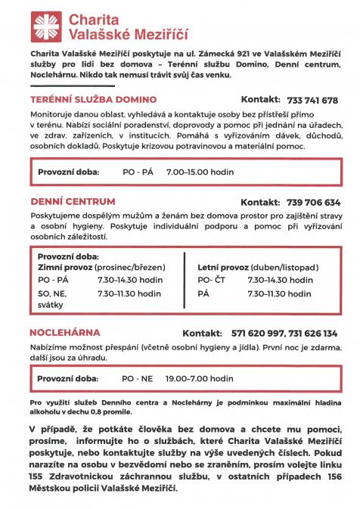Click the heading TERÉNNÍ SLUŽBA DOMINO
(93, 100)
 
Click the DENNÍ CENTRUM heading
(73, 202)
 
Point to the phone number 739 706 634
(314, 203)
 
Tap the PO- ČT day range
(213, 280)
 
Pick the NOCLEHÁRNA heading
(64, 333)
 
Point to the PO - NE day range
(138, 377)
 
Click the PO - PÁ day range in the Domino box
(138, 172)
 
